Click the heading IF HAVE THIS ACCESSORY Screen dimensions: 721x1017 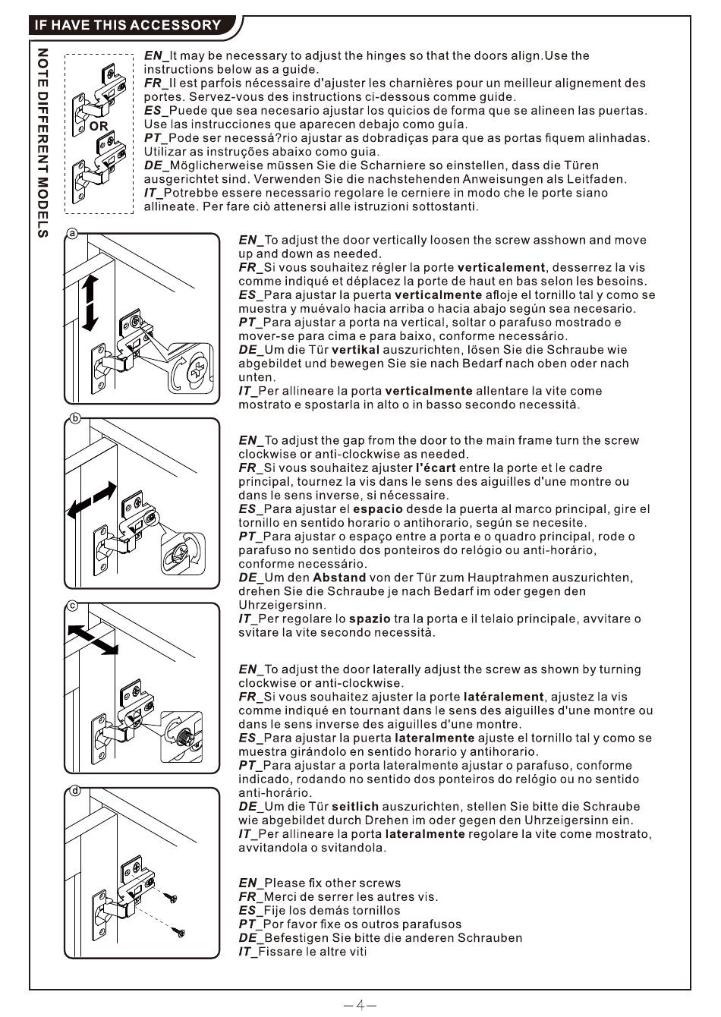click(x=128, y=24)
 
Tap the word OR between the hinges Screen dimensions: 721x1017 click(x=99, y=126)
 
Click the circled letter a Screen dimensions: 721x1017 click(x=73, y=233)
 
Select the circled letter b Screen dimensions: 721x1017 click(x=75, y=418)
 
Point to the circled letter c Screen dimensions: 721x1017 click(x=73, y=606)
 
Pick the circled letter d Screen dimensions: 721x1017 click(x=75, y=791)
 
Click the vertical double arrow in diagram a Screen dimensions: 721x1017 click(x=90, y=303)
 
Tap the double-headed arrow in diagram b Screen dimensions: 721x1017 click(x=92, y=500)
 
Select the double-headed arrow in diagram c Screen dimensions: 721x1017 click(x=93, y=640)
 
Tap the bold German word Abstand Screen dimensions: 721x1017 click(x=339, y=578)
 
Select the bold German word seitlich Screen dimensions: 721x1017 click(x=355, y=806)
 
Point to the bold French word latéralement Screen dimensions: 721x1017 click(x=503, y=697)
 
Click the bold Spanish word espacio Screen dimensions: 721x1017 click(x=378, y=509)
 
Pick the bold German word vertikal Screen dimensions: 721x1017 click(x=355, y=350)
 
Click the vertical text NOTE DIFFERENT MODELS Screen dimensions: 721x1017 click(x=43, y=143)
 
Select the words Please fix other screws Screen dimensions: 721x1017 click(x=332, y=883)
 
